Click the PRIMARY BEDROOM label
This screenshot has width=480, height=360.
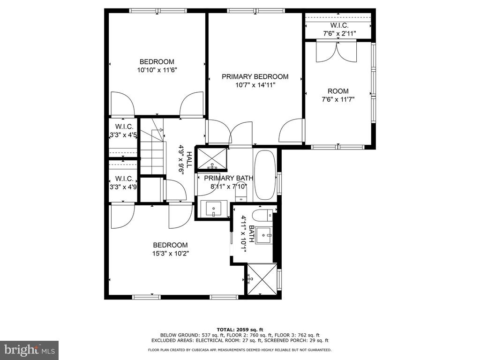(x=255, y=76)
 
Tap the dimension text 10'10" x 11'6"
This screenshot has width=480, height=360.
(x=157, y=70)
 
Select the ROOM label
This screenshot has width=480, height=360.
(x=338, y=91)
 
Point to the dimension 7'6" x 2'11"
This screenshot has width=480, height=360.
(x=339, y=34)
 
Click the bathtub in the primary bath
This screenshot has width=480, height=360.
(x=265, y=174)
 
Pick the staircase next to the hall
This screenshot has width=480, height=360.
(x=152, y=147)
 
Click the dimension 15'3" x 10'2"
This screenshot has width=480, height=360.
(x=170, y=254)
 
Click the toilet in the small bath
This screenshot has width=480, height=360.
(x=263, y=216)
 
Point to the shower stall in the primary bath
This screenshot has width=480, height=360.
(x=212, y=158)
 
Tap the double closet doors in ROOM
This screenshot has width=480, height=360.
(x=337, y=52)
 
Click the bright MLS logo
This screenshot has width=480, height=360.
(x=30, y=350)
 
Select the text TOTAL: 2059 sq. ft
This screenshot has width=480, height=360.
(x=240, y=330)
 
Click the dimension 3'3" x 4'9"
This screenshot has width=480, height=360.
(x=123, y=187)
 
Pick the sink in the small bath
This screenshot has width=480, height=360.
(x=263, y=235)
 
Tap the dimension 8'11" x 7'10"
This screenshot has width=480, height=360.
(x=228, y=187)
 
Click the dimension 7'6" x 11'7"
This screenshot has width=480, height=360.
(x=338, y=99)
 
